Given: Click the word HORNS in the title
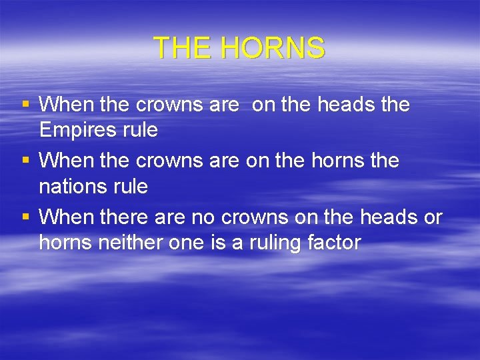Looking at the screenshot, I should click(x=271, y=48).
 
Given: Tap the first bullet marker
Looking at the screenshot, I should click(x=26, y=105).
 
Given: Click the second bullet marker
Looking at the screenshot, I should click(x=26, y=161).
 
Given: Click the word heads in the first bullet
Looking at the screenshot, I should click(x=341, y=105).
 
